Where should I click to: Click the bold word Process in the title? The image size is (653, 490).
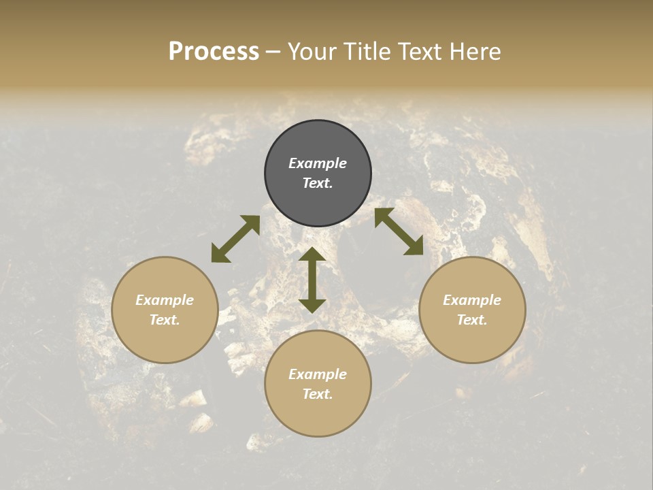(214, 52)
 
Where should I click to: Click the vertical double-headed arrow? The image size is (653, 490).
(312, 280)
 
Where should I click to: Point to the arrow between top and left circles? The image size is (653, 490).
(235, 239)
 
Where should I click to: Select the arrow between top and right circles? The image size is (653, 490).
(399, 231)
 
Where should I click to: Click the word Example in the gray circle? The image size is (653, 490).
(318, 163)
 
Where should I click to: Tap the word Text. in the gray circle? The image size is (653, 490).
(318, 183)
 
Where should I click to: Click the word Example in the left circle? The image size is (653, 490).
(165, 300)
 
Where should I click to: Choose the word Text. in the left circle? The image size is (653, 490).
(165, 320)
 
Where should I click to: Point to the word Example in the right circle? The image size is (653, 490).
(472, 300)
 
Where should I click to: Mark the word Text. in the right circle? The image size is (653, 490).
(472, 320)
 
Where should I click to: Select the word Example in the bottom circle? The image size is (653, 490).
(318, 374)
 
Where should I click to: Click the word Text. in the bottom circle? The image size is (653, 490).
(318, 394)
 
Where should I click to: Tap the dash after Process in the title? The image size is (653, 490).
(273, 52)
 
